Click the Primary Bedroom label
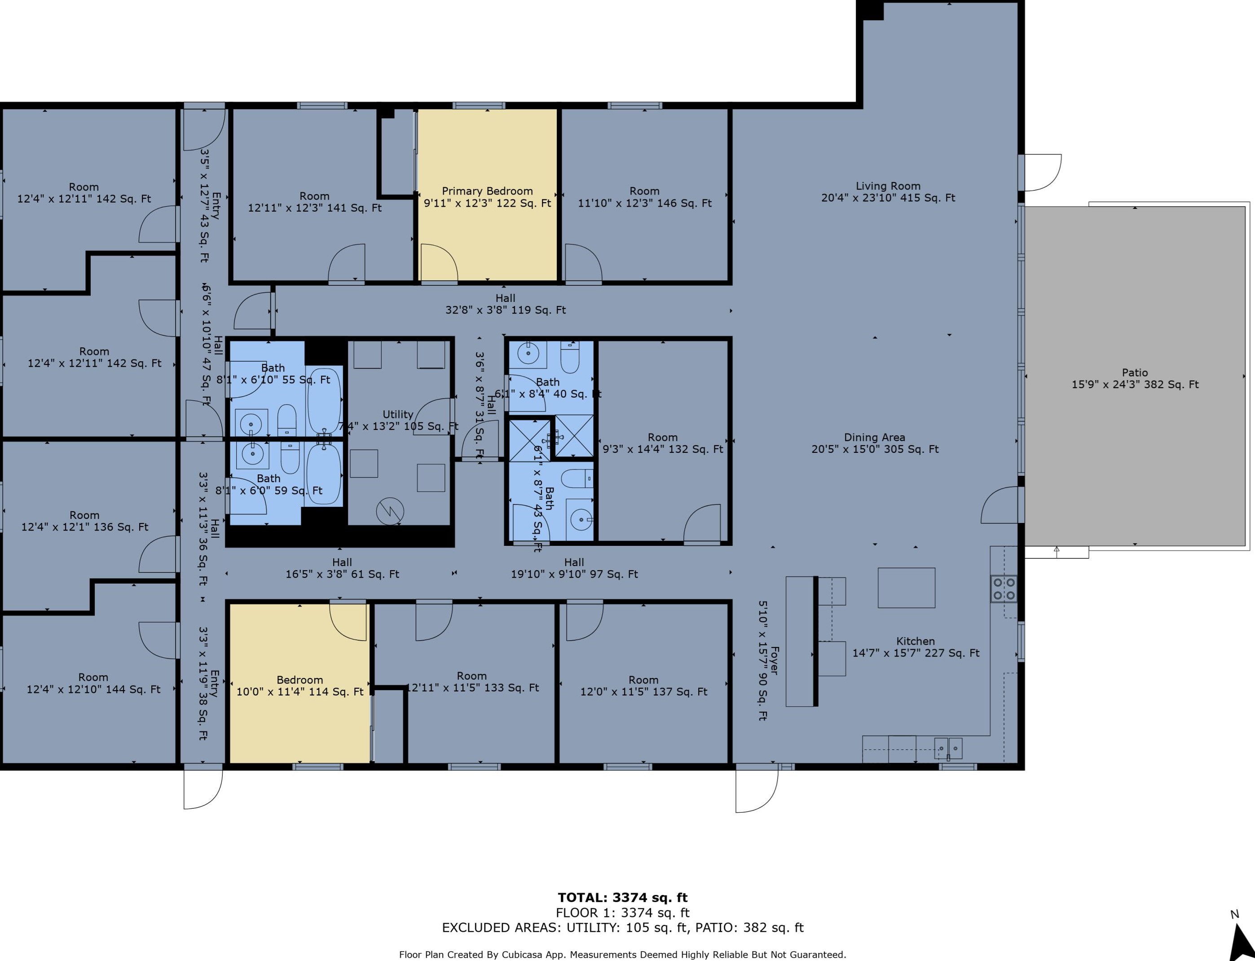click(x=487, y=197)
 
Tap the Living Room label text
click(x=888, y=192)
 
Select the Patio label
click(x=1134, y=379)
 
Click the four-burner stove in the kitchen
click(x=1004, y=589)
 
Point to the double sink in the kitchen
click(x=948, y=748)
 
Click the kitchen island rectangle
click(x=906, y=588)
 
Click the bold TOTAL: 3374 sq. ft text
click(x=622, y=898)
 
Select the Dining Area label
click(x=874, y=443)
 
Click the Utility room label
click(x=398, y=415)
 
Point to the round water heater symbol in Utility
click(x=390, y=511)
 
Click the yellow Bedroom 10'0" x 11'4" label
click(x=299, y=685)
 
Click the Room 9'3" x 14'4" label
click(x=663, y=443)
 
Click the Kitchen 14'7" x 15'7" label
click(x=916, y=647)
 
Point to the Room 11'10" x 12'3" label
click(x=644, y=197)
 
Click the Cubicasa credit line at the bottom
click(x=622, y=954)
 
